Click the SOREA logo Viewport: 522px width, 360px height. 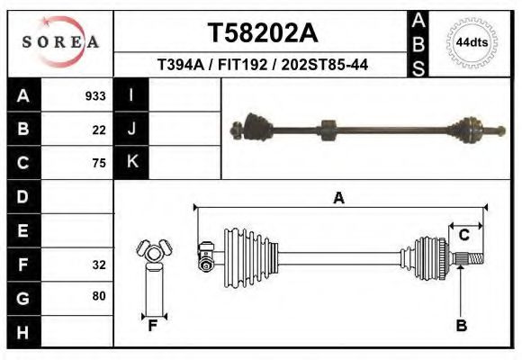[x=60, y=42]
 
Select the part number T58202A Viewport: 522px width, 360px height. [x=263, y=33]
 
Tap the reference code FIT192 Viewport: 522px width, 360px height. [x=242, y=65]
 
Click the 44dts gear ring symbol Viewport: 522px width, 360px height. [x=472, y=42]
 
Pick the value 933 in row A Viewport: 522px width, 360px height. [x=95, y=96]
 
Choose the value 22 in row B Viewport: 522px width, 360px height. [x=99, y=130]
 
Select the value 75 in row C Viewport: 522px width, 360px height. [x=99, y=163]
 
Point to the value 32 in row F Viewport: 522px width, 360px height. [x=99, y=265]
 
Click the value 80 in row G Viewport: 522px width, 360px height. [x=99, y=296]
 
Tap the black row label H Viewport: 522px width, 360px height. [x=23, y=332]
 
